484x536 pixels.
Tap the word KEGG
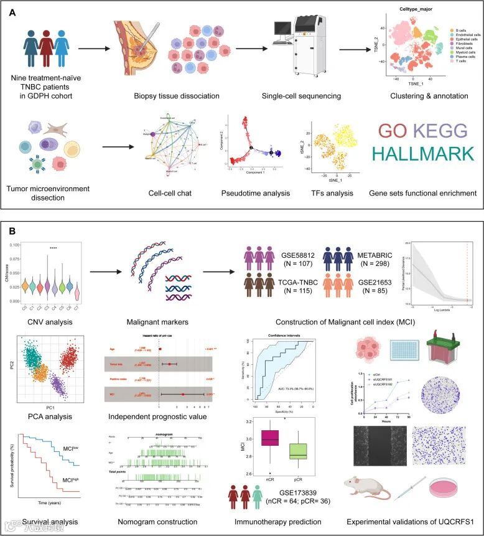441,131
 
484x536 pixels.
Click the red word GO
393,131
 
